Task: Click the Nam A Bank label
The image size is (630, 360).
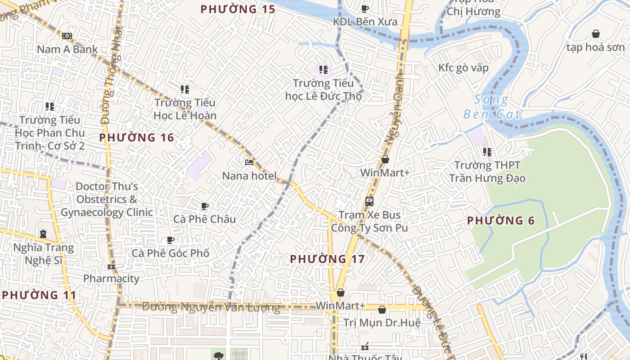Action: coord(67,49)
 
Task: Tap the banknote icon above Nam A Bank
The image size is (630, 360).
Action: coord(67,36)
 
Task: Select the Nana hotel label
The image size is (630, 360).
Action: coord(249,175)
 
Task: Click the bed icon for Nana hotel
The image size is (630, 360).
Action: coord(249,162)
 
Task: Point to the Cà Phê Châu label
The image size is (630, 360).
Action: coord(205,219)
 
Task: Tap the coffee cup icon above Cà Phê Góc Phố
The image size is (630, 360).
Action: coord(171,240)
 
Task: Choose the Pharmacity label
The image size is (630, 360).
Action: coord(111,279)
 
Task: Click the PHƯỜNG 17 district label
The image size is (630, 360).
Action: coord(327,259)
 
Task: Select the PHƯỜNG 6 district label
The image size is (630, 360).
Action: coord(501,220)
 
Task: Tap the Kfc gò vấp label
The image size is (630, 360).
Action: coord(463,68)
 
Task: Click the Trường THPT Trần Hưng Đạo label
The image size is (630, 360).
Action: coord(487,172)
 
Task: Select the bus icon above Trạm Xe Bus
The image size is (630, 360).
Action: coord(369,201)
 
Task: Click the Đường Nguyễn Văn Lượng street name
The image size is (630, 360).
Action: coord(211,307)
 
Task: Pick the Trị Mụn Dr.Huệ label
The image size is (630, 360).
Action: coord(382,323)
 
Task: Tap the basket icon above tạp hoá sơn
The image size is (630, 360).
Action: coord(596,34)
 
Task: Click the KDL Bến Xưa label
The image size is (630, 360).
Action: coord(365,22)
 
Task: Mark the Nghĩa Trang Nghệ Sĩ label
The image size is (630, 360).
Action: coord(43,254)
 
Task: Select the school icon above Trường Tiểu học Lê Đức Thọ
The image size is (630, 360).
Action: coord(323,69)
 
